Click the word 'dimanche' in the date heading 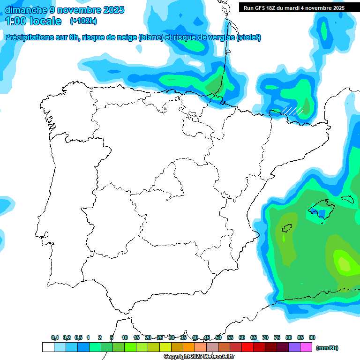tap(26, 10)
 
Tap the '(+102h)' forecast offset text tap(83, 21)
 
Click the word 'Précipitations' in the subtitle tap(28, 37)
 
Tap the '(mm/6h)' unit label tap(327, 348)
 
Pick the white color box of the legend tap(48, 347)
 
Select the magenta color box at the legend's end tap(306, 347)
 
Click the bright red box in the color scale tap(247, 347)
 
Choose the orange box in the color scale tap(189, 347)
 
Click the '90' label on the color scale tap(312, 337)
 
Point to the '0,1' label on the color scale tap(55, 337)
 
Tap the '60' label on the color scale tap(242, 337)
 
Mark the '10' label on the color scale tap(125, 337)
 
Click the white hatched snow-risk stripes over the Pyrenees tap(292, 111)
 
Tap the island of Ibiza tap(287, 229)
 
